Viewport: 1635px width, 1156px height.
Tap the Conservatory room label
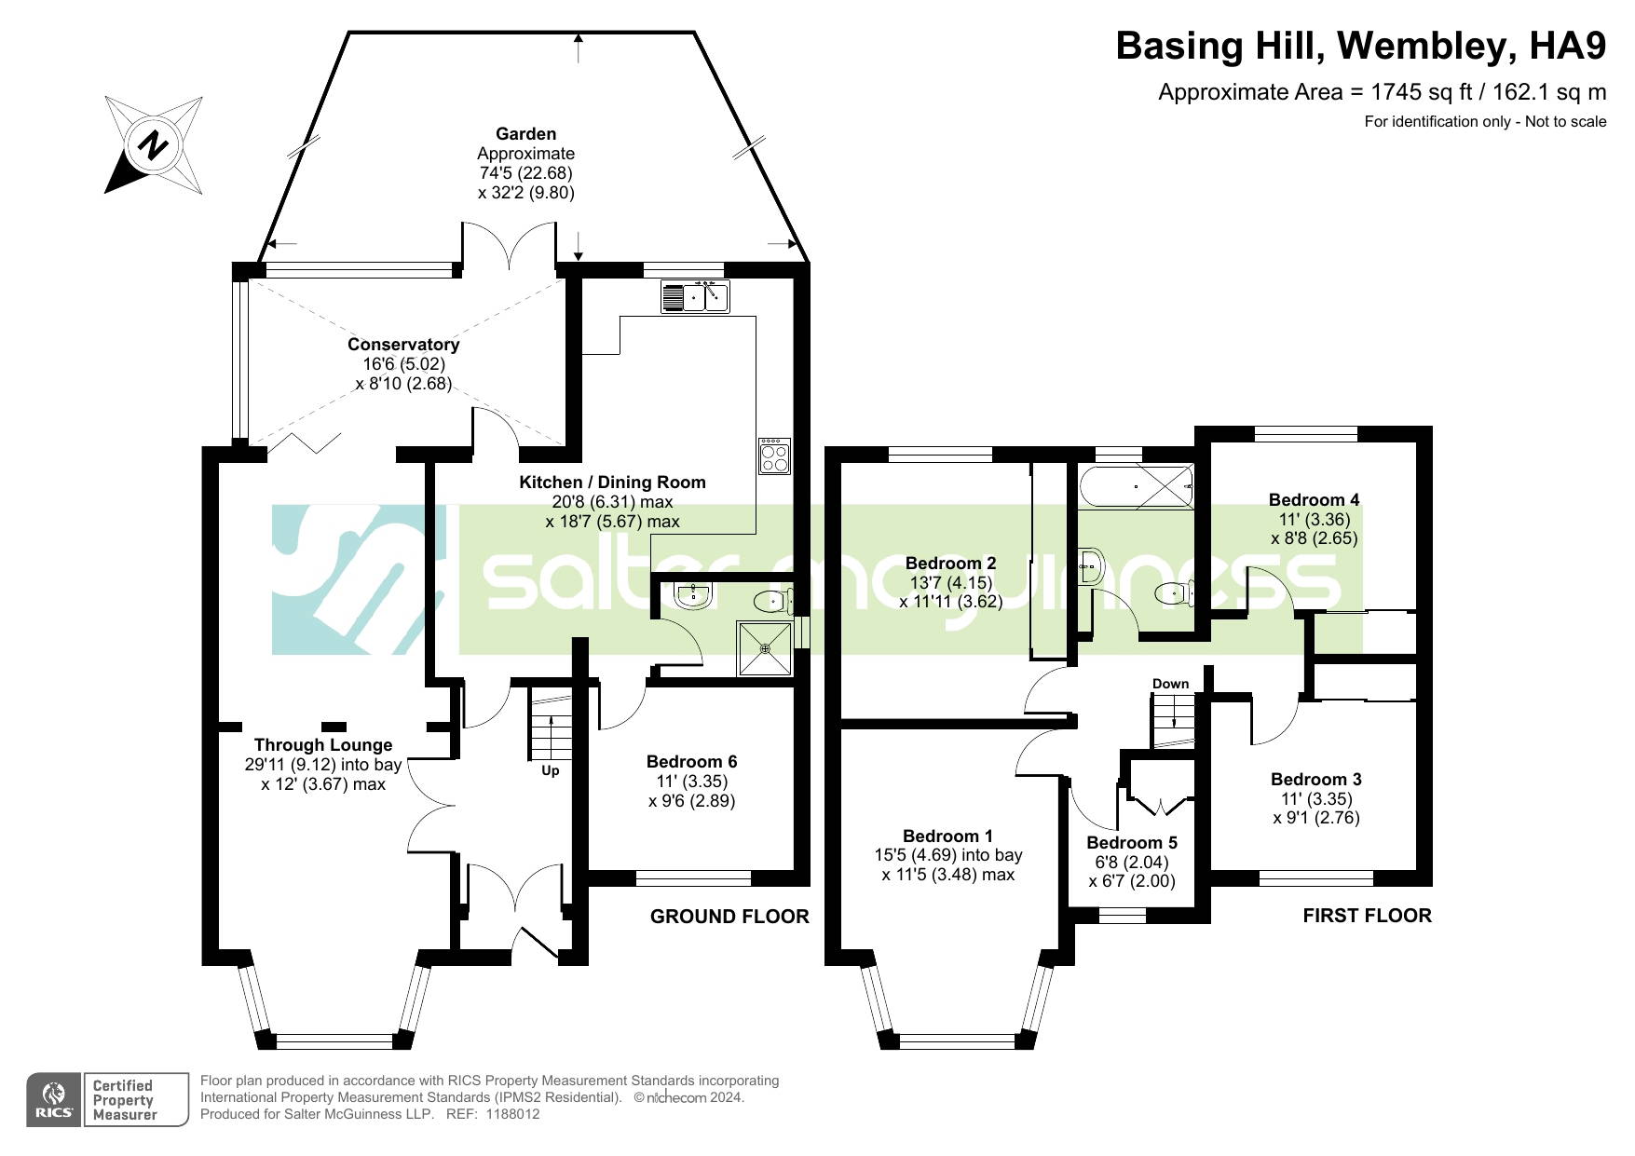click(x=403, y=344)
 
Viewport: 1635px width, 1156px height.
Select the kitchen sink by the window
click(x=695, y=296)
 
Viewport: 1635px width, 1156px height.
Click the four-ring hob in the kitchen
click(x=774, y=456)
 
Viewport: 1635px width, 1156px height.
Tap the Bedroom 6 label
click(x=691, y=761)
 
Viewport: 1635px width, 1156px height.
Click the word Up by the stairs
click(x=551, y=770)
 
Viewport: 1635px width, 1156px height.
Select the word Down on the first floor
click(x=1170, y=683)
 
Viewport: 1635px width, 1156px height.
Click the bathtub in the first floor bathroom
click(x=1137, y=486)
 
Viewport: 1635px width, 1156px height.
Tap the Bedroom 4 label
click(x=1314, y=499)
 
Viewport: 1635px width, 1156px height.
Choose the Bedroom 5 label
click(x=1132, y=842)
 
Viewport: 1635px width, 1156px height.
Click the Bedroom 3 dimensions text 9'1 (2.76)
click(x=1316, y=818)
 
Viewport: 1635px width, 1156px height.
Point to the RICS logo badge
click(x=107, y=1100)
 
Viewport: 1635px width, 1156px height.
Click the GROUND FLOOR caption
click(x=729, y=917)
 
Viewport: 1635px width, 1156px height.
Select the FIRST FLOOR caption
click(x=1367, y=916)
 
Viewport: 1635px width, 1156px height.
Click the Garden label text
click(x=525, y=133)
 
